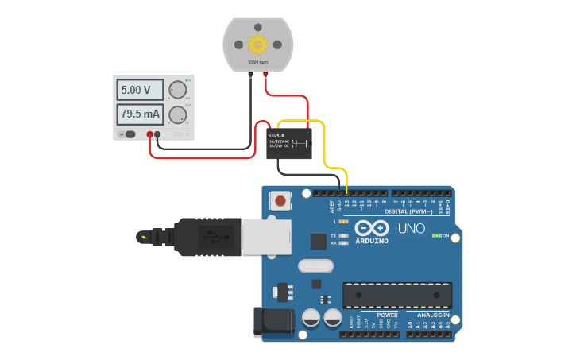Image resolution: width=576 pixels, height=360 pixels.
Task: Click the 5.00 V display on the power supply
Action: [139, 90]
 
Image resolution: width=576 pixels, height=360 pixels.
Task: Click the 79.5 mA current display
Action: [139, 114]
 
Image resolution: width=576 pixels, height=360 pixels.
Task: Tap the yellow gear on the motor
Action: [257, 45]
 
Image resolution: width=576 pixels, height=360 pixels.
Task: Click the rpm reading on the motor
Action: [257, 62]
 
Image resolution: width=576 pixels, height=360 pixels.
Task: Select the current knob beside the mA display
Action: [176, 114]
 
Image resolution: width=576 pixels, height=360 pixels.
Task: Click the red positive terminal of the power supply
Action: [149, 134]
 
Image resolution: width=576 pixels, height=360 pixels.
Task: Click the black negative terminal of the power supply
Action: [157, 134]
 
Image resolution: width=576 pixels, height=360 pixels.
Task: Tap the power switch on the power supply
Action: [130, 134]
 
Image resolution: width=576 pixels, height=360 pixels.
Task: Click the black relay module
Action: [288, 143]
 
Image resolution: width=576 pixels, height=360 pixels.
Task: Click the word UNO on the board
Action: [411, 229]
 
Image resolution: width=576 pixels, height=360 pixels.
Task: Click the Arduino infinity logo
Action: [371, 228]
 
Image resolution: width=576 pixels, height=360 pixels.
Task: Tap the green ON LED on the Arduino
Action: [435, 236]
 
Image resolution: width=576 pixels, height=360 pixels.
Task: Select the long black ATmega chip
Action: [397, 296]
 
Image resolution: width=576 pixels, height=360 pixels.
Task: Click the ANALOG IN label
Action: [433, 315]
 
